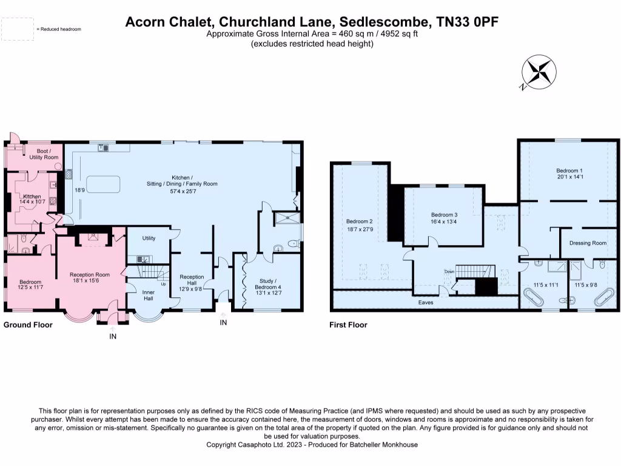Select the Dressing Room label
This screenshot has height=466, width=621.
[588, 243]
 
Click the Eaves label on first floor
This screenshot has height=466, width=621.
[425, 302]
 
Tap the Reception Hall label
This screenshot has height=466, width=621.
[192, 280]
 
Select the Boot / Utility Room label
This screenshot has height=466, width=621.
[44, 154]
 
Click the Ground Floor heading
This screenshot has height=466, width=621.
[28, 325]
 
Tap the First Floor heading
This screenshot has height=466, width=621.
[348, 325]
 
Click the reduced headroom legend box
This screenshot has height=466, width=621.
[18, 29]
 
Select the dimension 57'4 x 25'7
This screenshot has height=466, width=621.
[182, 192]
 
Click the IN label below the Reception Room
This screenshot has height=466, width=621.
[113, 336]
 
